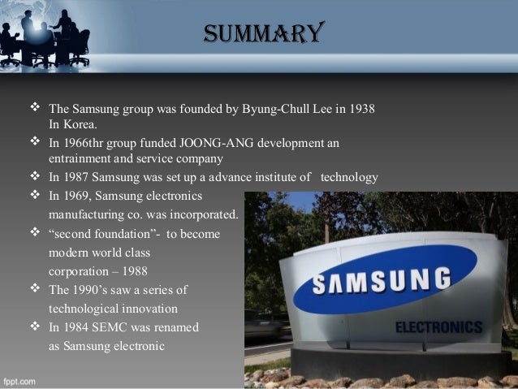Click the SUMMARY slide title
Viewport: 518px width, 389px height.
[x=264, y=32]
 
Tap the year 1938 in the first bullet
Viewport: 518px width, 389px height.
[x=362, y=109]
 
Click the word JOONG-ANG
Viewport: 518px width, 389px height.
[x=217, y=143]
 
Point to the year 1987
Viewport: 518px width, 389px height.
[x=76, y=177]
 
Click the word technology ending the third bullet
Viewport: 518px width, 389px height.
[x=349, y=178]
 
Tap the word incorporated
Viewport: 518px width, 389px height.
[x=204, y=215]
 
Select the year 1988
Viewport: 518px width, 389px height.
[x=135, y=271]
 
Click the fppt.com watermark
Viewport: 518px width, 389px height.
[x=19, y=382]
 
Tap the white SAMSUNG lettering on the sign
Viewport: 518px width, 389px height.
[x=382, y=281]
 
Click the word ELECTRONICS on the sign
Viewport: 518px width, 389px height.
[x=438, y=327]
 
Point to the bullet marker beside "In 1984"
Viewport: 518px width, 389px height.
[x=35, y=326]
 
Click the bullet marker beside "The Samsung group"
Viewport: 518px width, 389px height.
[x=35, y=107]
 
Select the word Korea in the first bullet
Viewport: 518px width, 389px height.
[x=80, y=124]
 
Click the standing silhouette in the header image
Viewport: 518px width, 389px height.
[x=28, y=36]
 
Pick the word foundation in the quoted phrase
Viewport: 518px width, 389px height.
[x=123, y=234]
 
